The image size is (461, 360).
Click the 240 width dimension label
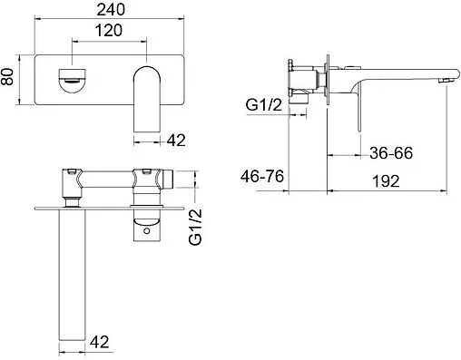click(x=111, y=9)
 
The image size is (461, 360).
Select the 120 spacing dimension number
click(x=109, y=31)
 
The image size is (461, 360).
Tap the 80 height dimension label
click(x=7, y=76)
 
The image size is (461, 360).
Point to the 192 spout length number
click(x=386, y=181)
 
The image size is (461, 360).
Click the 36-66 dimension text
click(x=391, y=153)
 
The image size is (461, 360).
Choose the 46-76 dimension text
click(x=262, y=176)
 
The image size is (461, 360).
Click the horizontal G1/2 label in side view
click(x=263, y=105)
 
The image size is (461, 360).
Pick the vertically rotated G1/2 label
click(x=195, y=227)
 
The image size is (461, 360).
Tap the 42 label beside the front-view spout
click(x=176, y=140)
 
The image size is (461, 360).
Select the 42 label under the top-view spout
click(x=100, y=342)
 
